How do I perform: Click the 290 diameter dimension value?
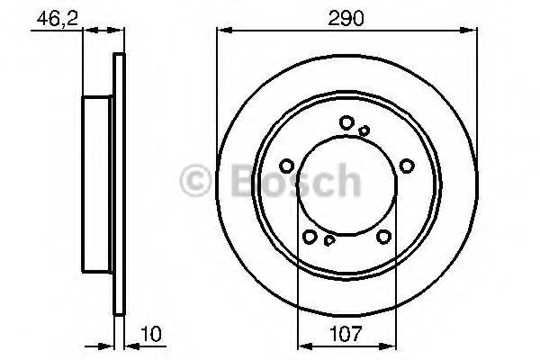point(346,18)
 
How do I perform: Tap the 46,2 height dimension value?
point(58,18)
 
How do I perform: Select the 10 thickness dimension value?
point(151,334)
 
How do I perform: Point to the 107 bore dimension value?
point(346,334)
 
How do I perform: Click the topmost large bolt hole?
point(346,122)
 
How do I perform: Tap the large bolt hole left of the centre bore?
point(286,166)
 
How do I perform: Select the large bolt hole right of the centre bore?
point(407,166)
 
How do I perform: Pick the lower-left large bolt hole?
point(310,237)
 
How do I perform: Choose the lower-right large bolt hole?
point(383,237)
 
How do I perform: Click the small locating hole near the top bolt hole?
point(364,130)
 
